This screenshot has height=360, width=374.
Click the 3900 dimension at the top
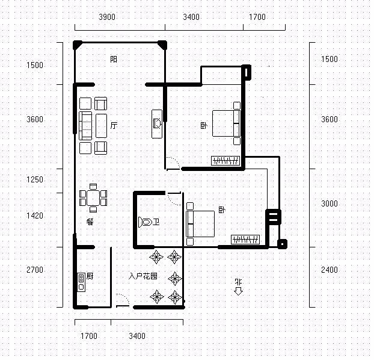pyautogui.click(x=107, y=17)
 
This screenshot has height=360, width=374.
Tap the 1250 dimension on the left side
pyautogui.click(x=35, y=179)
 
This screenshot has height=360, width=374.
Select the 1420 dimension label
pyautogui.click(x=35, y=216)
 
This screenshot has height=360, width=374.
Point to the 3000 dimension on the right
pyautogui.click(x=329, y=203)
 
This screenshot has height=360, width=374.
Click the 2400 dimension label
pyautogui.click(x=329, y=270)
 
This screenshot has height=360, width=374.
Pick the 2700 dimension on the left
pyautogui.click(x=35, y=270)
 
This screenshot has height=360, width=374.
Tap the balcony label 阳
pyautogui.click(x=114, y=59)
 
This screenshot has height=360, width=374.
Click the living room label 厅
pyautogui.click(x=114, y=125)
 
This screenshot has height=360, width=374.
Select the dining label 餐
pyautogui.click(x=90, y=222)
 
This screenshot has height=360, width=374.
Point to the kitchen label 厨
pyautogui.click(x=90, y=276)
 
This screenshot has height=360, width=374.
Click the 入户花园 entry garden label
pyautogui.click(x=143, y=276)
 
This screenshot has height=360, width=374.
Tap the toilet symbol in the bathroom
pyautogui.click(x=145, y=222)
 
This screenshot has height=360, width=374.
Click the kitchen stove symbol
pyautogui.click(x=81, y=282)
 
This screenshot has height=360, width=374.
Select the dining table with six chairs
pyautogui.click(x=93, y=198)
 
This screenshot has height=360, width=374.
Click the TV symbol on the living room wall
pyautogui.click(x=157, y=123)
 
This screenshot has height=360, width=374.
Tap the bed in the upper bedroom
pyautogui.click(x=226, y=123)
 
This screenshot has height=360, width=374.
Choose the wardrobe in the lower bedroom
pyautogui.click(x=245, y=240)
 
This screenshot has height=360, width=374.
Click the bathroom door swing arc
pyautogui.click(x=174, y=199)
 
